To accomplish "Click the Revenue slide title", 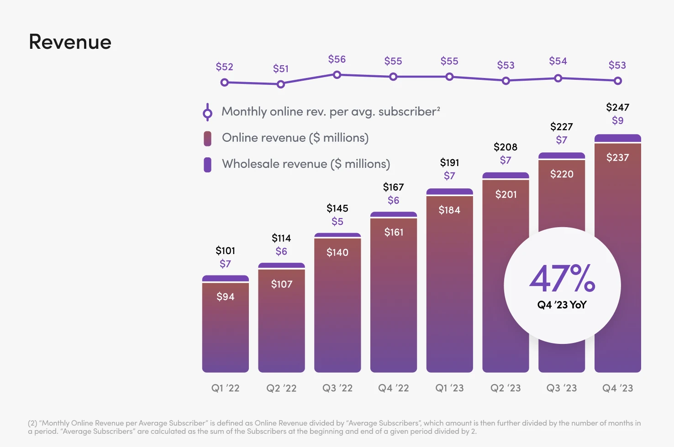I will (x=70, y=42).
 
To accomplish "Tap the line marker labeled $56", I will (x=337, y=75).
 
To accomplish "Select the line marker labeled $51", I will (x=281, y=84).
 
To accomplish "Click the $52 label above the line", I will (x=224, y=67).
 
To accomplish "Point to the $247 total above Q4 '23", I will (x=617, y=107).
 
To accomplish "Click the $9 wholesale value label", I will (x=617, y=120).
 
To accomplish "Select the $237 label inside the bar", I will (x=617, y=157).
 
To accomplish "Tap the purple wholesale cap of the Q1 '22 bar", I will (x=225, y=278).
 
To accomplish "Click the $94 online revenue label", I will (x=225, y=296).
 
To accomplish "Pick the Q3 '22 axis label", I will (x=337, y=388).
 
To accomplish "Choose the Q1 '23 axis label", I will (x=449, y=388).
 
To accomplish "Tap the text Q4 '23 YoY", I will (x=562, y=305).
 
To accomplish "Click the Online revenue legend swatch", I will (x=207, y=138).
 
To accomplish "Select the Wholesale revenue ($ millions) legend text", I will (x=306, y=164).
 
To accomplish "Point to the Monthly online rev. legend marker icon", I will (x=207, y=112).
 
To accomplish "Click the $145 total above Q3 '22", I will (x=337, y=208).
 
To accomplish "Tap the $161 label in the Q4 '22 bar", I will (x=394, y=232).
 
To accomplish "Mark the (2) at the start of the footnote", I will (x=32, y=423).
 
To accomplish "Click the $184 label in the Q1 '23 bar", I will (x=449, y=210).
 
